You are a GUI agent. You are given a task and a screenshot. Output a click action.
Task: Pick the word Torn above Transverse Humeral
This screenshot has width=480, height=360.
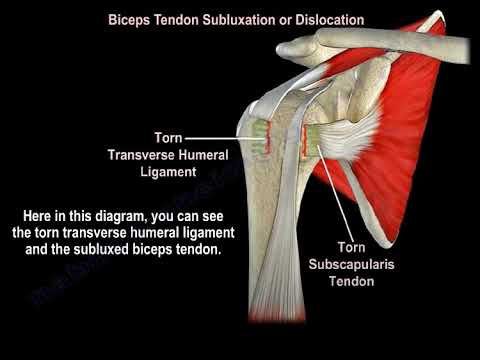click(x=167, y=137)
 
